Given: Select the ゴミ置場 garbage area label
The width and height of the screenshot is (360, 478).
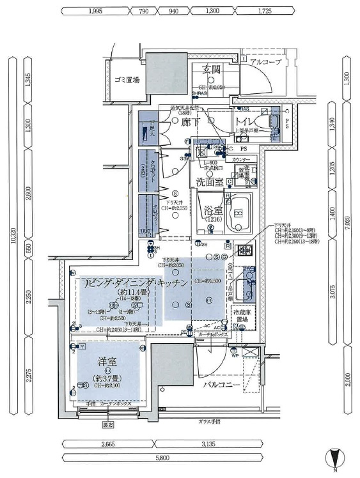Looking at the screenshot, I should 127,80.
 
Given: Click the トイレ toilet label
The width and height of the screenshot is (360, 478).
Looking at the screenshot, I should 246,121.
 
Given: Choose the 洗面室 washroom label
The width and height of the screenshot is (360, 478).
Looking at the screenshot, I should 209,182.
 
